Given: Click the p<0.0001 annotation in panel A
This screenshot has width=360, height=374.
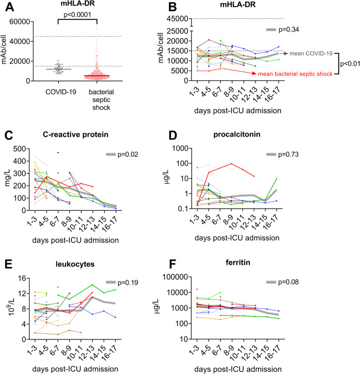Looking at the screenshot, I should pos(77,15).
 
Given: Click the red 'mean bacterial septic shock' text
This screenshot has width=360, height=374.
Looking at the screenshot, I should pos(295,74).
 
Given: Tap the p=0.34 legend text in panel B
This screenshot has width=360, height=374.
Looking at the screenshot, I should pos(304,30).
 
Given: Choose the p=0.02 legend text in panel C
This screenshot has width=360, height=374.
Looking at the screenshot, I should pos(127,154).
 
